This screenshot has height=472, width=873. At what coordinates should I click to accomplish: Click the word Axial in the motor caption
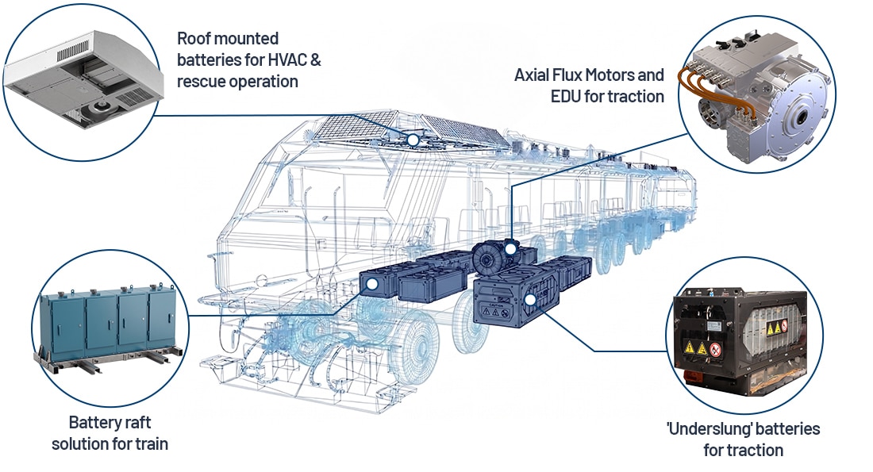pyautogui.click(x=532, y=75)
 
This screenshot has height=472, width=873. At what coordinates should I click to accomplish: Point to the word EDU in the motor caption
pyautogui.click(x=565, y=96)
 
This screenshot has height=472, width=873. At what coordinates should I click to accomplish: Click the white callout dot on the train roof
pyautogui.click(x=413, y=140)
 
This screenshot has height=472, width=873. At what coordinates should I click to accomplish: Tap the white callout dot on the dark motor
pyautogui.click(x=510, y=249)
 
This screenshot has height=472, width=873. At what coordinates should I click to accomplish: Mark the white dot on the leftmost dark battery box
pyautogui.click(x=372, y=284)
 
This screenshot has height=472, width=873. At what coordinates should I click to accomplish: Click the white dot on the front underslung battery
pyautogui.click(x=530, y=300)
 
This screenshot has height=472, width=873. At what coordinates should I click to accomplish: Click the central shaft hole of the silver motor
pyautogui.click(x=802, y=117)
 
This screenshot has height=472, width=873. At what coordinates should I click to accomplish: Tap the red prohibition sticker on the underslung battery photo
pyautogui.click(x=715, y=350)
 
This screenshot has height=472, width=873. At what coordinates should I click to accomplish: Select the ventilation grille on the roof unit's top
pyautogui.click(x=72, y=52)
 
